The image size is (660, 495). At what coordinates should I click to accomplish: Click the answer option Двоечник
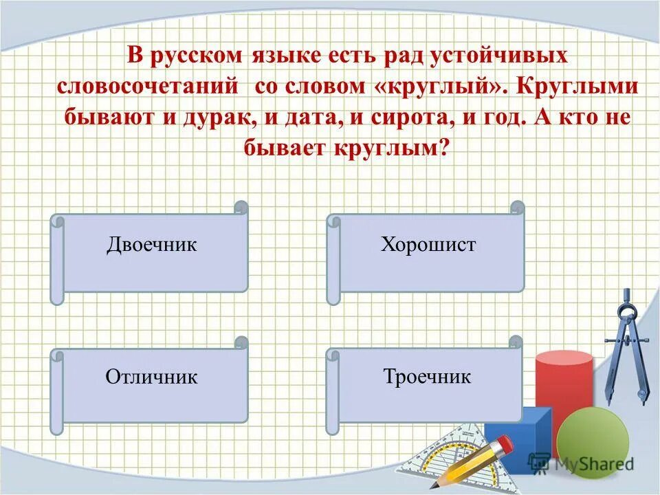[x=151, y=245]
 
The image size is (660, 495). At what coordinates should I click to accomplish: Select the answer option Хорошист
[x=428, y=245]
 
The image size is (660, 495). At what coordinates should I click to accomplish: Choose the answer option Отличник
[x=151, y=377]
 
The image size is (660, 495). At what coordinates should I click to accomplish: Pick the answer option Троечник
[x=427, y=377]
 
